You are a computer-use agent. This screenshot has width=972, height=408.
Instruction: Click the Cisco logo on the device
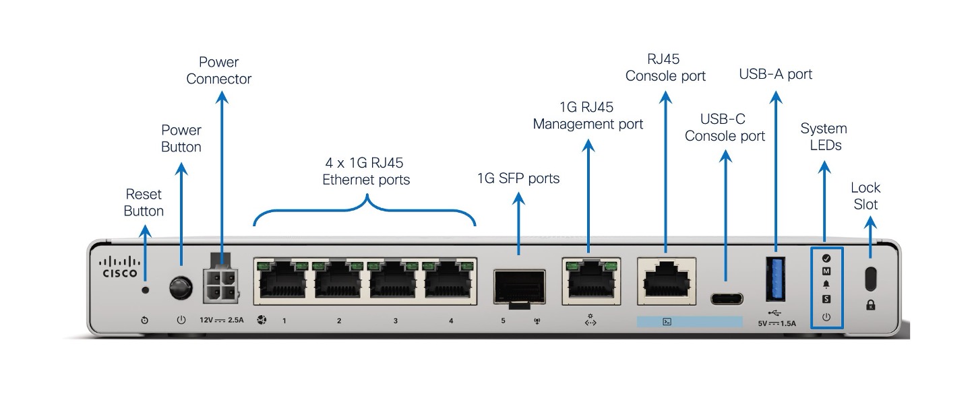pos(119,267)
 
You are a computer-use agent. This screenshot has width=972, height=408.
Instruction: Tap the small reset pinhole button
pos(145,290)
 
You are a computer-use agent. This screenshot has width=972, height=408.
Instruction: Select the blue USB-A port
pos(775,278)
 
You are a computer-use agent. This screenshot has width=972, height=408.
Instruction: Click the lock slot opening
pos(870,277)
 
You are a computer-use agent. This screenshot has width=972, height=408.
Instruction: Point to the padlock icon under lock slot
pos(870,305)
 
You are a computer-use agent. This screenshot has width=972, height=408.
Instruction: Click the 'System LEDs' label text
pos(824,137)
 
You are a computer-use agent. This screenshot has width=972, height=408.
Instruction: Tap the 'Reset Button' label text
pos(144,203)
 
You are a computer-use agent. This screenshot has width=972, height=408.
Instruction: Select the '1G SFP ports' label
pos(518,178)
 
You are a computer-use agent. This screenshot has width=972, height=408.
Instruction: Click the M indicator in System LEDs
pos(826,271)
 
